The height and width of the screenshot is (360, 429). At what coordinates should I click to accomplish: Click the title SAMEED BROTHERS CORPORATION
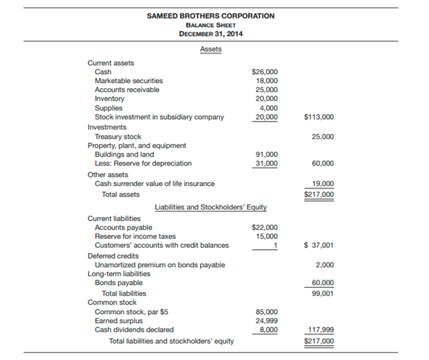coord(210,16)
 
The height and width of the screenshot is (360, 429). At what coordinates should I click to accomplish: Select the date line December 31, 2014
coord(210,34)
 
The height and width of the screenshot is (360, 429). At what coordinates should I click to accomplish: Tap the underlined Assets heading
coord(210,49)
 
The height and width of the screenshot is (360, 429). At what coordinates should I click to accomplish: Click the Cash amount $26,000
coord(265,71)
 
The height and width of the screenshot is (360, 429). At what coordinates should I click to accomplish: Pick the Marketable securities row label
coord(129,80)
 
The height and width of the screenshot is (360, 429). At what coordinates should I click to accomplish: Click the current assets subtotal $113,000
coord(318,117)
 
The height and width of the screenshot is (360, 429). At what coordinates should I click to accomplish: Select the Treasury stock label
coord(118,137)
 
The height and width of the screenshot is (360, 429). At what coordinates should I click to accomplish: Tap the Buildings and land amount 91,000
coord(267,155)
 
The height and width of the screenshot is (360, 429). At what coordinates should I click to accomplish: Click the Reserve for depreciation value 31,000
coord(267,164)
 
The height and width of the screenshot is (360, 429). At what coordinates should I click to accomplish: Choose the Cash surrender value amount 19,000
coord(322,183)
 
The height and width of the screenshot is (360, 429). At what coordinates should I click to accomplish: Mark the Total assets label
coord(120,194)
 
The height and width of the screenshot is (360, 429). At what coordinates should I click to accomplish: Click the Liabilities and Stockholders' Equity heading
coord(210,207)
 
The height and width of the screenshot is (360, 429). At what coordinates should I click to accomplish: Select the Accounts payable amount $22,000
coord(265,227)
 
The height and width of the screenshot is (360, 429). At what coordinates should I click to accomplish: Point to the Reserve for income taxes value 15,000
coord(267,236)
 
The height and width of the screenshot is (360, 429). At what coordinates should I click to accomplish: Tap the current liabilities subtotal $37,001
coord(318,245)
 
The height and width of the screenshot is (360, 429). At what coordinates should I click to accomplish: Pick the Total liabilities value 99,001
coord(322,293)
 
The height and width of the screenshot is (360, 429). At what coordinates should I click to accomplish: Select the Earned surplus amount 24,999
coord(267,320)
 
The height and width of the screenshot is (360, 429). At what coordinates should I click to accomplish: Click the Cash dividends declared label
coord(134,329)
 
